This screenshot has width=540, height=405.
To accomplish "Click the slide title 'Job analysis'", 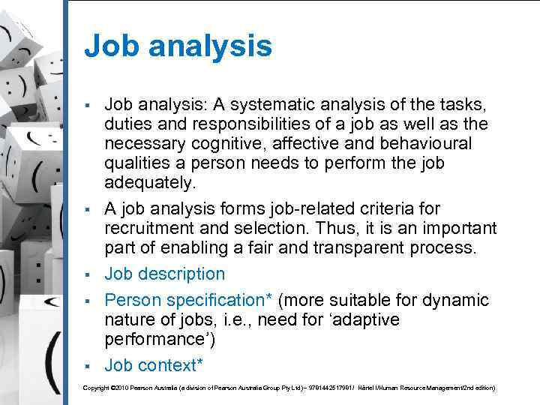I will pyautogui.click(x=178, y=46).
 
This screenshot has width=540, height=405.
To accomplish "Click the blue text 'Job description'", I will pyautogui.click(x=164, y=274).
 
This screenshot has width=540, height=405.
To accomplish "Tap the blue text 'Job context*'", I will pyautogui.click(x=152, y=365).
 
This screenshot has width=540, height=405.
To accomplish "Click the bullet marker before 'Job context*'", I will pyautogui.click(x=88, y=366).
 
